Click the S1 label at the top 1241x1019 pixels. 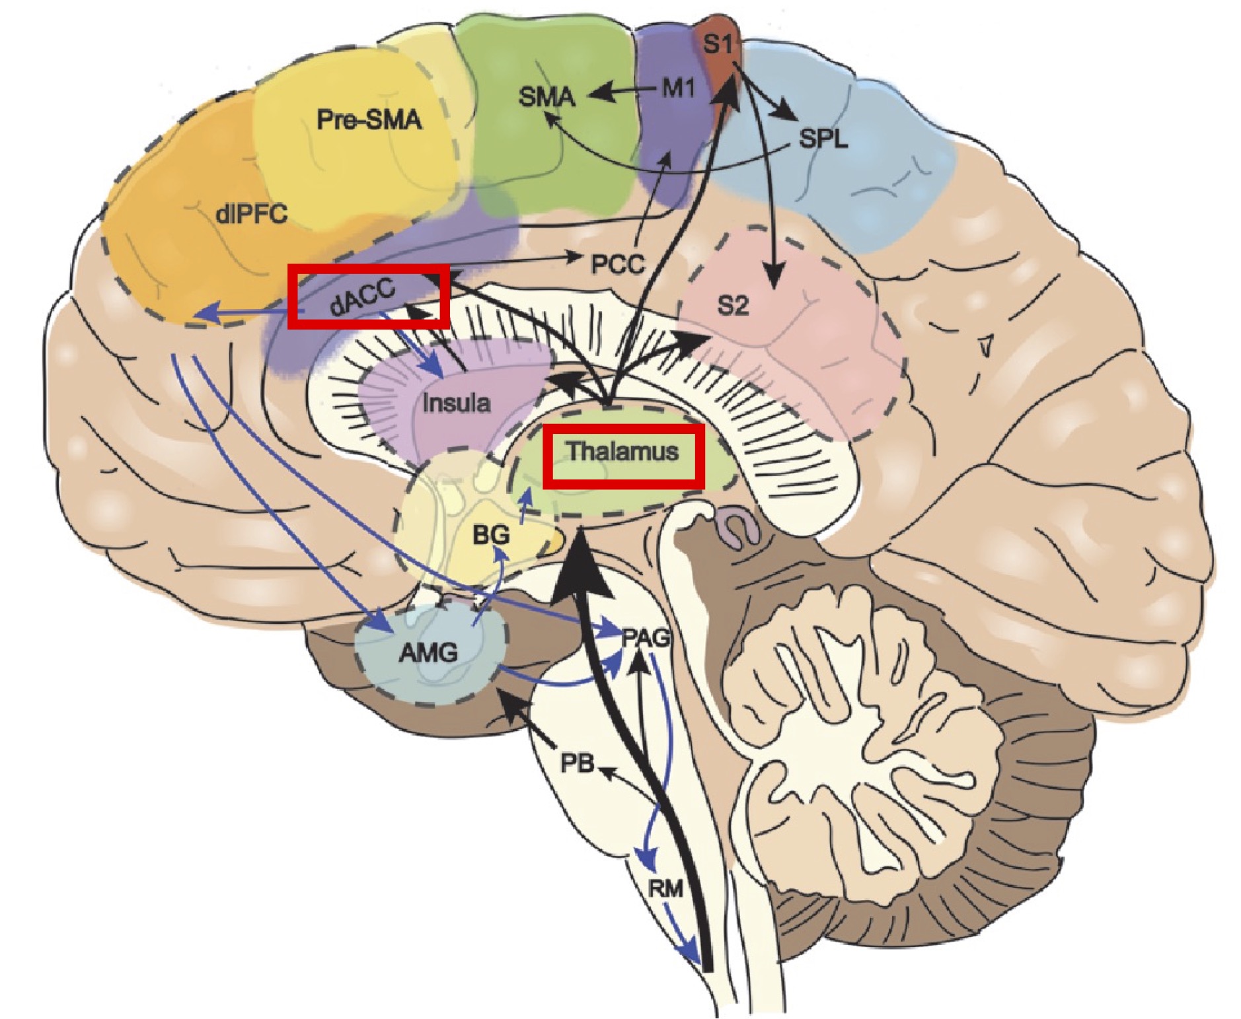pos(718,45)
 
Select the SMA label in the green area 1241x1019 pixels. pos(547,97)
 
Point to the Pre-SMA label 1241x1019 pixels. pos(369,120)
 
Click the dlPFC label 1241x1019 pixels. pos(251,213)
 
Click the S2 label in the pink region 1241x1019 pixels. pos(733,306)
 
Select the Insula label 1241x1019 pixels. pos(457,402)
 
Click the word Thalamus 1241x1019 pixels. pos(623,452)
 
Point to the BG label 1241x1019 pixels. pos(491,534)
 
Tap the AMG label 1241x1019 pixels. pos(428,652)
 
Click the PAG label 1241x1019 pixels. pos(646,638)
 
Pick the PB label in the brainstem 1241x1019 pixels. pos(576,763)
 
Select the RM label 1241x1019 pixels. pos(665,889)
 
